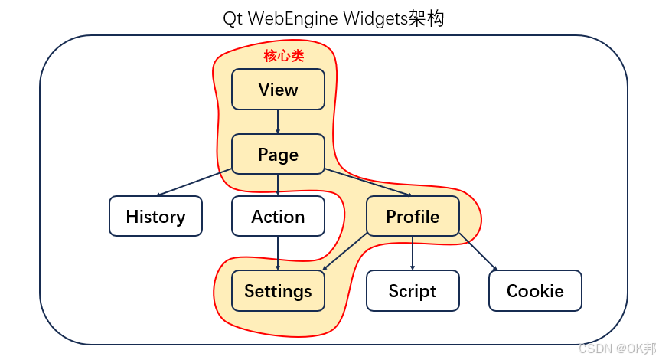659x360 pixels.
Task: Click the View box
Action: coord(278,90)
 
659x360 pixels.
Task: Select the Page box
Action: coord(278,155)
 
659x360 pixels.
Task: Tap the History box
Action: coord(155,217)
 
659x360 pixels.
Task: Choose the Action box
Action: coord(278,217)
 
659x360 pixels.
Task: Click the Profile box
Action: coord(413,217)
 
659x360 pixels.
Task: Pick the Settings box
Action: coord(278,291)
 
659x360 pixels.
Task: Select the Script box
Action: coord(413,291)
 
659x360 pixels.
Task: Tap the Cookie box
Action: coord(535,291)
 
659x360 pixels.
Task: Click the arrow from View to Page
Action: coord(278,122)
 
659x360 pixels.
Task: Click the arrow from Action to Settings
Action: coord(278,253)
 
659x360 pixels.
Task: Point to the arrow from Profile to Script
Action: coord(413,253)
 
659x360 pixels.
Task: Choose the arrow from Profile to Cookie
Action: coord(478,252)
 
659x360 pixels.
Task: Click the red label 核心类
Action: coord(284,56)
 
